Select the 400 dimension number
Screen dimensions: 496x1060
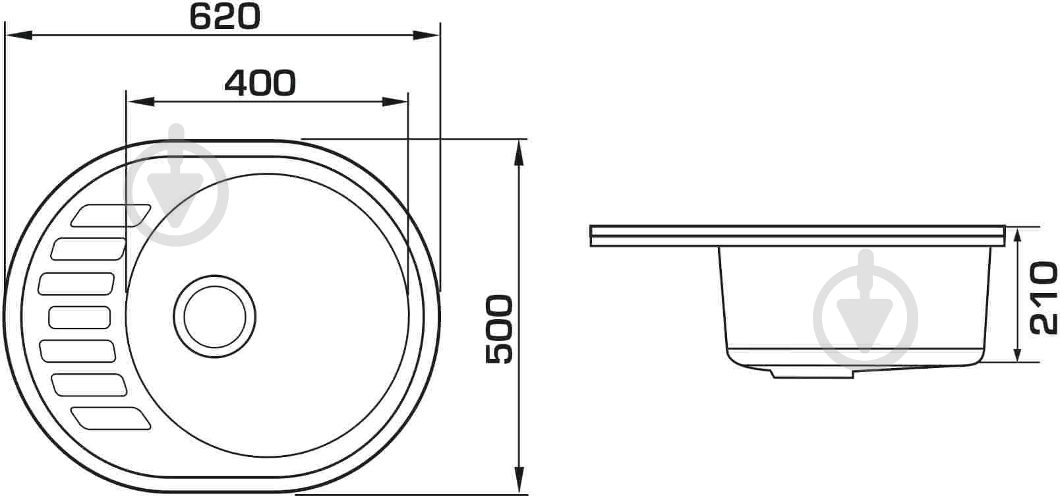[260, 83]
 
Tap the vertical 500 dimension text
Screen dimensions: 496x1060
[499, 329]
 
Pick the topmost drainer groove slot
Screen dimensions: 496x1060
[111, 216]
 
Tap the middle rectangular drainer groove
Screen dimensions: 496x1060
[79, 317]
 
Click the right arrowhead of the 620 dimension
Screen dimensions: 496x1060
[426, 34]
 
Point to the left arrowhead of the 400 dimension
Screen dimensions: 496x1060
[140, 102]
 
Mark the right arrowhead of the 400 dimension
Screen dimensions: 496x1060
[395, 102]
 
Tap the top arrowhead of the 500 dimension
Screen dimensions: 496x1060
[519, 153]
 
